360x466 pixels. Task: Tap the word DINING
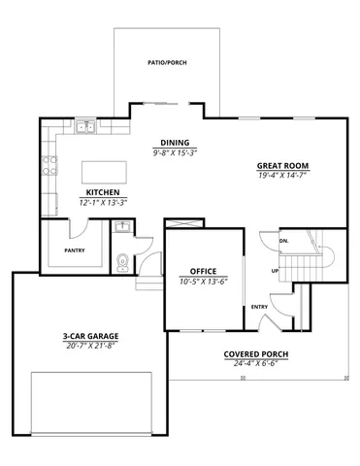175,143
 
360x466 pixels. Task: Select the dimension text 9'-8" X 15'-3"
175,152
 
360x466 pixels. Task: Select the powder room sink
122,228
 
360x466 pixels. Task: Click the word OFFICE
203,272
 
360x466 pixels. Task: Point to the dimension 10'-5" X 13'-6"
203,282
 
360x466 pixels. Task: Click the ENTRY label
259,307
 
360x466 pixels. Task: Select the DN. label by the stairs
285,240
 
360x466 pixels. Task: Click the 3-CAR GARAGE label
87,337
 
